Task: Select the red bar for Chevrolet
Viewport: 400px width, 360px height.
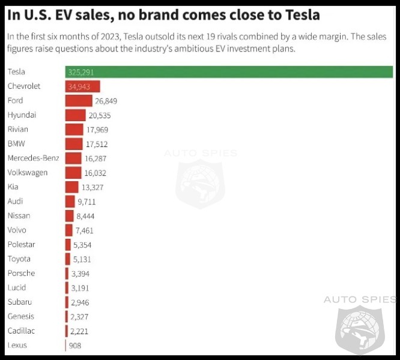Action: point(82,86)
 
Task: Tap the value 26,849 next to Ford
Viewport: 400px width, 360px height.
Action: point(106,101)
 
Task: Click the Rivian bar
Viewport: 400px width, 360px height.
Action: point(74,130)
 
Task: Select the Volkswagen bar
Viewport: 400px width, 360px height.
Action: point(73,173)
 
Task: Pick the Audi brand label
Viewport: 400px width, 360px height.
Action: point(15,202)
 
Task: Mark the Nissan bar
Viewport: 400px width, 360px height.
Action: point(70,216)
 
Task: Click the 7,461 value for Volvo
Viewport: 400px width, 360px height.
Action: point(85,230)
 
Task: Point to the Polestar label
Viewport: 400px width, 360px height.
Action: point(21,245)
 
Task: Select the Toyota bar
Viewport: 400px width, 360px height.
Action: point(68,259)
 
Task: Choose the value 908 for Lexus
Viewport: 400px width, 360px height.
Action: point(74,346)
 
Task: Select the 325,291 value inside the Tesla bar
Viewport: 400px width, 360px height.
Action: point(81,72)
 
